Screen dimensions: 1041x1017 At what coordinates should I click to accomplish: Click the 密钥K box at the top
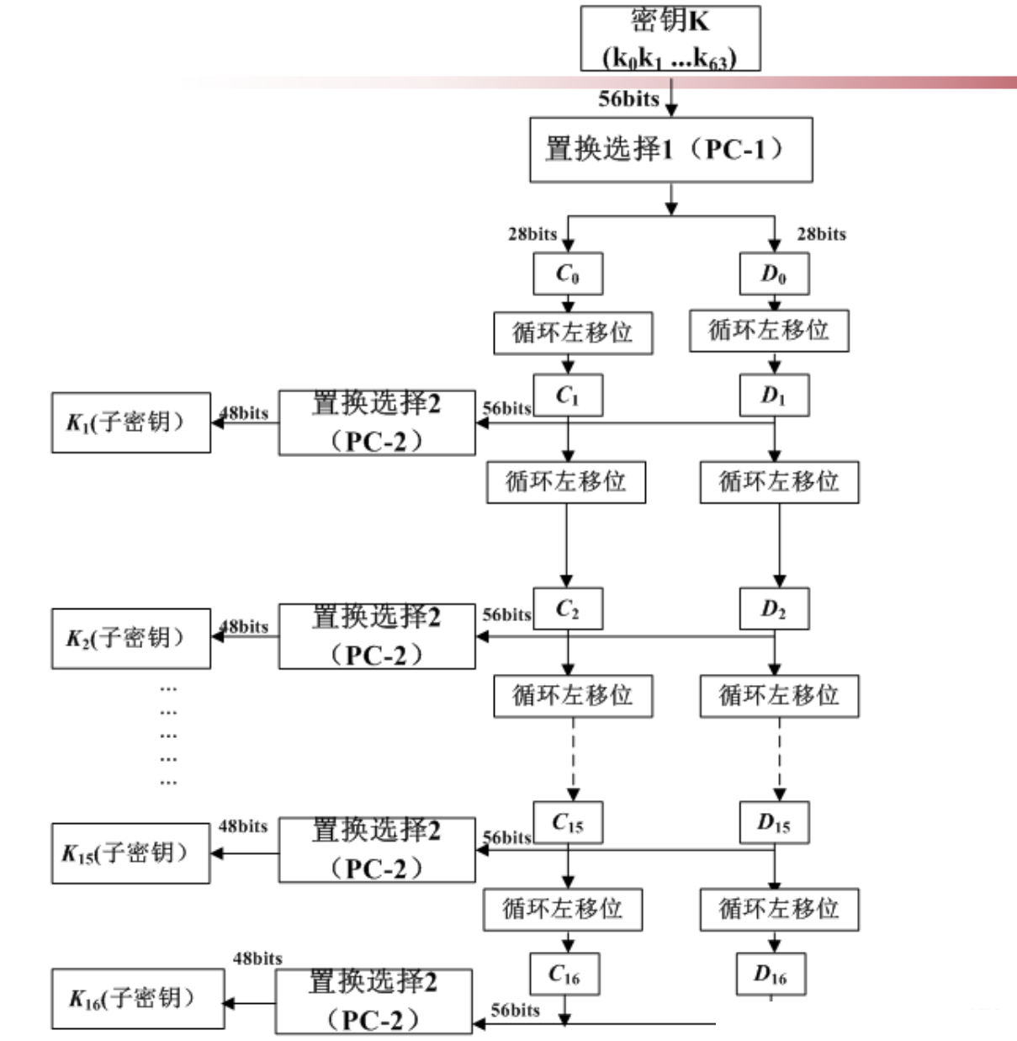coord(670,39)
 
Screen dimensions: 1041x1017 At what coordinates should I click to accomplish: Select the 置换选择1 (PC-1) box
coord(670,150)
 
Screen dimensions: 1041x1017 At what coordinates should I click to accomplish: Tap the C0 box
coord(568,274)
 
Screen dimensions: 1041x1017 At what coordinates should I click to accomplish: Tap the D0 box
coord(774,274)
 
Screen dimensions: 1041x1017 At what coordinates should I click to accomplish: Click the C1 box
coord(568,396)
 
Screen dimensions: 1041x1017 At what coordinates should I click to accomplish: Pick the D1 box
coord(774,396)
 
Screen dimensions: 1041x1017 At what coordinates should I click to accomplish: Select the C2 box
coord(568,608)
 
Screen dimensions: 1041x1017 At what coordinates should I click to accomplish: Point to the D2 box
coord(774,608)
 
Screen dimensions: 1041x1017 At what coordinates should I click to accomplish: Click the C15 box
coord(568,822)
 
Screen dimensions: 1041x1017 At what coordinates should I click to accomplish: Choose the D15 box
coord(774,822)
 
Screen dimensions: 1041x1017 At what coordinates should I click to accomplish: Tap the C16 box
coord(564,974)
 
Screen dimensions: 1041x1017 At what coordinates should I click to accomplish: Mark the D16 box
coord(771,974)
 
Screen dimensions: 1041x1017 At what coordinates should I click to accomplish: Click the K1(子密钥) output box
coord(130,422)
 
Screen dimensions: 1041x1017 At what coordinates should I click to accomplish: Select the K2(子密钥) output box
coord(130,639)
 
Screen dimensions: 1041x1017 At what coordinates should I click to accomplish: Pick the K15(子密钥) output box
coord(130,853)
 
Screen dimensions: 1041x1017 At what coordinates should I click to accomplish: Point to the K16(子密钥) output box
coord(138,999)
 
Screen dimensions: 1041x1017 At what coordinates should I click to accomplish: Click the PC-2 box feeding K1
coord(377,422)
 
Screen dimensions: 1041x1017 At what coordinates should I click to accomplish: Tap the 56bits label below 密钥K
coord(628,98)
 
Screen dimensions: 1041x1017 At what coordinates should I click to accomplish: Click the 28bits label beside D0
coord(821,234)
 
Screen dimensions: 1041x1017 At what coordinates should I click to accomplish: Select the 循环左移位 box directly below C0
coord(573,332)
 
